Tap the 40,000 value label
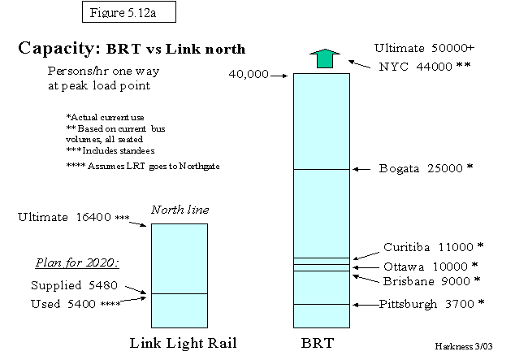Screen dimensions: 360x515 [249, 74]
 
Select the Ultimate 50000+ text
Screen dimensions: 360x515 [424, 47]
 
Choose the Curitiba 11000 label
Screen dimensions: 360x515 [433, 246]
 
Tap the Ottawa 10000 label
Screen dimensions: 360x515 [431, 266]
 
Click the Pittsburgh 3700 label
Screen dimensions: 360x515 [431, 304]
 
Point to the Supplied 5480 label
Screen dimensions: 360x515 [68, 286]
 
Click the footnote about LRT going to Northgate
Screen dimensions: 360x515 [142, 167]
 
